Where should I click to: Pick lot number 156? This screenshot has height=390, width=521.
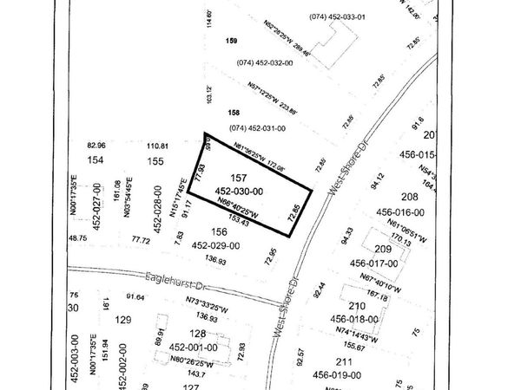click(220, 231)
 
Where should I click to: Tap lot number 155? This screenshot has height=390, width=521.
click(156, 161)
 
